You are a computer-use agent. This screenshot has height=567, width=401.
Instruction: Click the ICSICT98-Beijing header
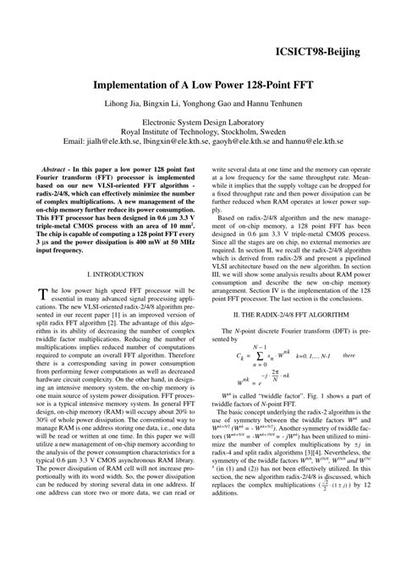[x=318, y=52]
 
